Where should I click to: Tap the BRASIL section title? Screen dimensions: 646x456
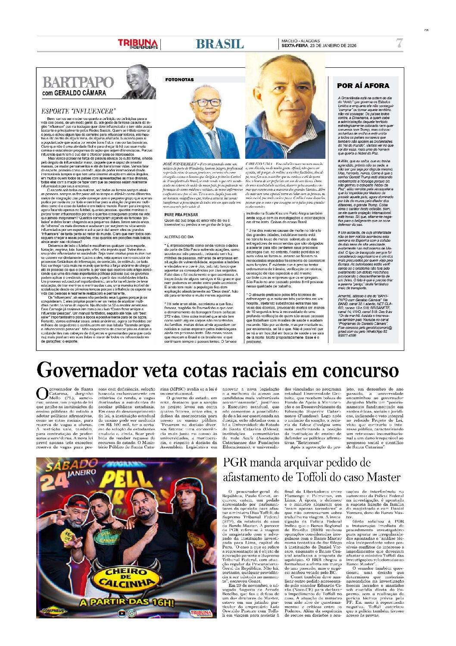(219, 44)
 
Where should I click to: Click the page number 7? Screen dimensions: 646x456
(399, 43)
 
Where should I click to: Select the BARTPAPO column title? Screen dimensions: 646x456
(78, 82)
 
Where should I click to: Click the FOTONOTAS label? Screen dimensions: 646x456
(179, 79)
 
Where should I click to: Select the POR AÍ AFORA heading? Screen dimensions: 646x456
(363, 85)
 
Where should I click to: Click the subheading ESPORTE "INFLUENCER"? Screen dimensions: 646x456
(78, 111)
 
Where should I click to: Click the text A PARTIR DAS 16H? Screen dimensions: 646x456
(126, 602)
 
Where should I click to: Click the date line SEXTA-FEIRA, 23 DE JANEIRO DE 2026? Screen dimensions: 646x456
(319, 46)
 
